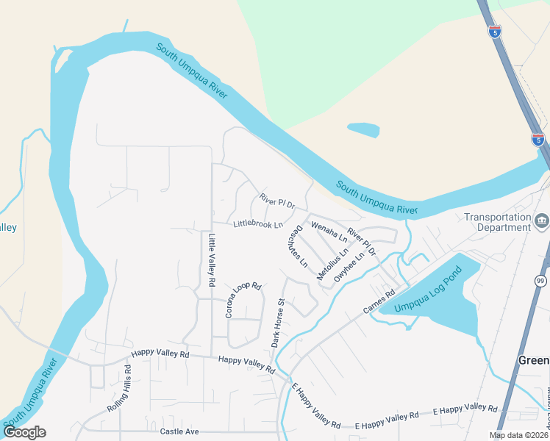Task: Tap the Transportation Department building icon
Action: (542, 220)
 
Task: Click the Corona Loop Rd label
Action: (243, 301)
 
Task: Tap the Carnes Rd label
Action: (379, 301)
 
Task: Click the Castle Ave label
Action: (179, 431)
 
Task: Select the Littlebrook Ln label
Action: (258, 224)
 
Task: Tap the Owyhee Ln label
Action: (349, 268)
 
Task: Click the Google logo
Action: (24, 432)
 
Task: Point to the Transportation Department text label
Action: (497, 222)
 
